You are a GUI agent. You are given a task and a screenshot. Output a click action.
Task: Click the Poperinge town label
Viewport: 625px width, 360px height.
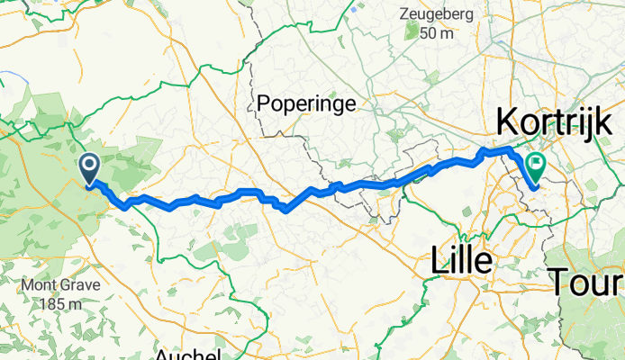coord(306,103)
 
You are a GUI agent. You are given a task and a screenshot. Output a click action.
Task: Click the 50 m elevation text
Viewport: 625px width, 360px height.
coord(439,33)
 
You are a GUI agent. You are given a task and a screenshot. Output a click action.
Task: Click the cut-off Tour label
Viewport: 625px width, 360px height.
coord(587,282)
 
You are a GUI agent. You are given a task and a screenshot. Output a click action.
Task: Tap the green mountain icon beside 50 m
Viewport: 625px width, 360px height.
coord(412,33)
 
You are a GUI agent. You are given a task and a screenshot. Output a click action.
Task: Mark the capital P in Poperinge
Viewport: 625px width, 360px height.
coord(263,103)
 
